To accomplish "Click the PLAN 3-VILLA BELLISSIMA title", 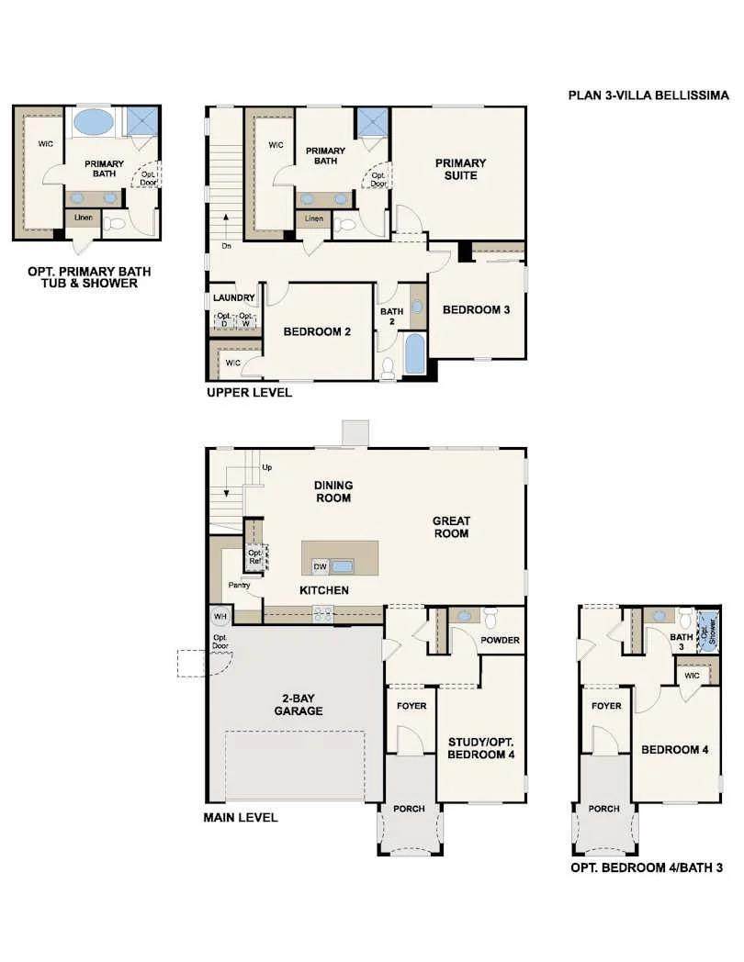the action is pyautogui.click(x=648, y=95).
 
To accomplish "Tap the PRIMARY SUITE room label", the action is pyautogui.click(x=460, y=169).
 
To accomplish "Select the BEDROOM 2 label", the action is pyautogui.click(x=317, y=331).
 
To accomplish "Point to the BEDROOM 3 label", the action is pyautogui.click(x=476, y=310).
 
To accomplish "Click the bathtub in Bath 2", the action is pyautogui.click(x=415, y=354).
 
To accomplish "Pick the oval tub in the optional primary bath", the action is pyautogui.click(x=94, y=121).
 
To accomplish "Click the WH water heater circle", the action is pyautogui.click(x=220, y=616).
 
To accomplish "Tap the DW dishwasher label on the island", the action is pyautogui.click(x=320, y=566).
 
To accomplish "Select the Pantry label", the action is pyautogui.click(x=239, y=585).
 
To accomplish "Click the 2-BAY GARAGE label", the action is pyautogui.click(x=299, y=704).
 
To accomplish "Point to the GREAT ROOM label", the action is pyautogui.click(x=451, y=527).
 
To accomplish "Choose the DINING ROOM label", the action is pyautogui.click(x=333, y=491).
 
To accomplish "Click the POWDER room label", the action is pyautogui.click(x=500, y=640).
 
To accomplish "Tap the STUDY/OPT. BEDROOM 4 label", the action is pyautogui.click(x=480, y=748).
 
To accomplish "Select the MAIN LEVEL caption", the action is pyautogui.click(x=240, y=817).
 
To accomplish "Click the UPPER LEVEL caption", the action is pyautogui.click(x=249, y=392).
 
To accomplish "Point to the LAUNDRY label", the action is pyautogui.click(x=233, y=297).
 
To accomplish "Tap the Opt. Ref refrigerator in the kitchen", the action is pyautogui.click(x=255, y=556).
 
